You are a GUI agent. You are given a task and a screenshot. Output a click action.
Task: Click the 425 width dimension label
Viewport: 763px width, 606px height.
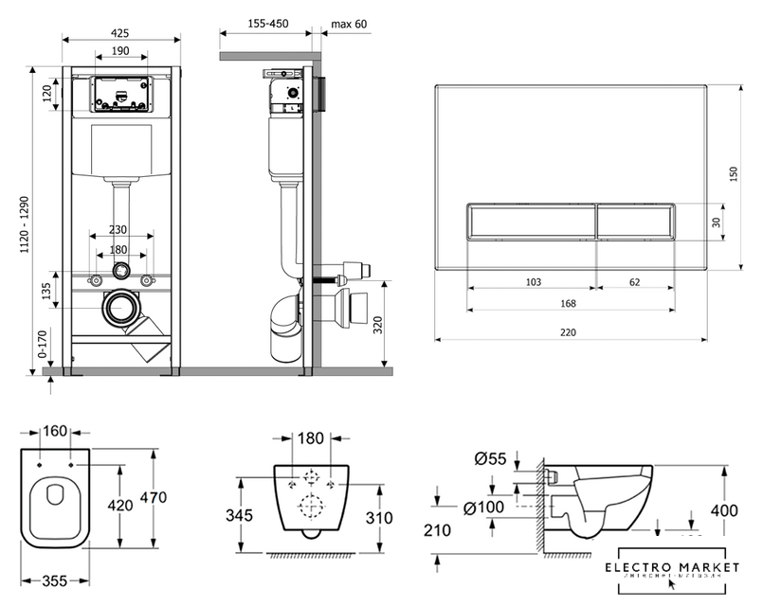coord(120,32)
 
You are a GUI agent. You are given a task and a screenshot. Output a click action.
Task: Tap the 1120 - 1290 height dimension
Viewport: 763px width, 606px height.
coord(39,223)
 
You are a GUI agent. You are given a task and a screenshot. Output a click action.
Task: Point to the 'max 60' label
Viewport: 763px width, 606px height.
coord(349,24)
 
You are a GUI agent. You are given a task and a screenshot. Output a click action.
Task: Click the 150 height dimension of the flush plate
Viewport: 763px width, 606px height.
coord(732,175)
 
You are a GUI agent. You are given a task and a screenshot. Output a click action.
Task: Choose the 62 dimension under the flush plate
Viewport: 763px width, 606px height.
coord(635,282)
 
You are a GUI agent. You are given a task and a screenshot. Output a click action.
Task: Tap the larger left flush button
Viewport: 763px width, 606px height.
coord(531,223)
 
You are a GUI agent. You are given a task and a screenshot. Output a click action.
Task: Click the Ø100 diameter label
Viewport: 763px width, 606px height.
coord(486,509)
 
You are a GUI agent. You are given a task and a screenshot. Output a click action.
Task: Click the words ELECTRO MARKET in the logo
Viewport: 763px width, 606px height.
coord(674,565)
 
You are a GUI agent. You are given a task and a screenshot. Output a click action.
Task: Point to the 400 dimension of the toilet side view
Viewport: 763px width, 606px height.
coord(724,510)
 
